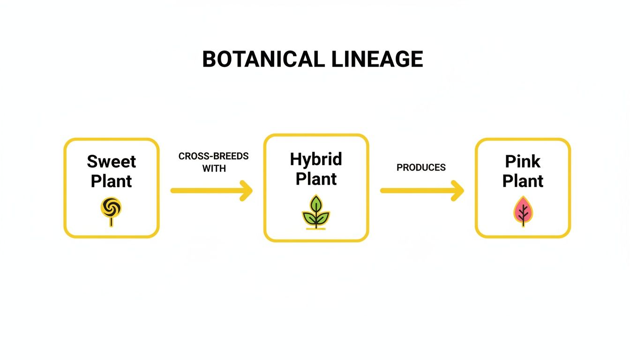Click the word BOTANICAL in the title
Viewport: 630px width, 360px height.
[x=263, y=60]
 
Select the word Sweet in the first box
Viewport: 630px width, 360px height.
[x=112, y=162]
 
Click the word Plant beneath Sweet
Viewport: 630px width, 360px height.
[x=112, y=181]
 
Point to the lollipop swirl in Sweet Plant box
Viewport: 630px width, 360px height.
[x=111, y=206]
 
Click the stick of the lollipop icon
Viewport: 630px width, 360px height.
[x=111, y=222]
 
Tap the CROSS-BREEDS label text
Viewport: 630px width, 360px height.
[x=213, y=156]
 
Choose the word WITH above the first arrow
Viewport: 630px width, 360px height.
[x=214, y=169]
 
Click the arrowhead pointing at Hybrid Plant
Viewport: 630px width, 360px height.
[x=246, y=191]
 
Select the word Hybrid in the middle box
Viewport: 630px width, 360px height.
[x=316, y=159]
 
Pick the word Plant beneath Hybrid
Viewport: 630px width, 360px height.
[x=316, y=179]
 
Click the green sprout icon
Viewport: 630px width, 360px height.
[x=316, y=213]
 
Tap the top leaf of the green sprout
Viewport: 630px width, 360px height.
[x=316, y=204]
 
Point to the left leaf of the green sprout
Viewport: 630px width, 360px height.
[x=309, y=217]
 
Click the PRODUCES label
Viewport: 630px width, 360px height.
[x=421, y=167]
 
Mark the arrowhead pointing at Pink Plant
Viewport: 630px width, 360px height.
[x=457, y=191]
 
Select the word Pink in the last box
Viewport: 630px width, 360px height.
[x=523, y=162]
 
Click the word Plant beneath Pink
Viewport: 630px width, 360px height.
[x=523, y=181]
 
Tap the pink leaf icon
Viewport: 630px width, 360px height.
[x=523, y=211]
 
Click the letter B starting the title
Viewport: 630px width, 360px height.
[x=209, y=60]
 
